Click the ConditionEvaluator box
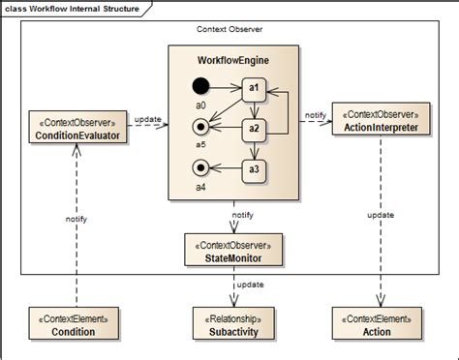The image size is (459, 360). tap(75, 129)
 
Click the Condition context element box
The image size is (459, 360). tap(75, 325)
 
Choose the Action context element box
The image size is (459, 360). tap(378, 325)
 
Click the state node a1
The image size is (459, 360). tap(253, 87)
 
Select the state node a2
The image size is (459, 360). tap(253, 128)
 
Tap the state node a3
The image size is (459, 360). tap(253, 169)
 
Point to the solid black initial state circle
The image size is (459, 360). tap(200, 87)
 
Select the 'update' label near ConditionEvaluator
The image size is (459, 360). tap(148, 120)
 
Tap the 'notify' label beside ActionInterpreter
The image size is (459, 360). tap(315, 115)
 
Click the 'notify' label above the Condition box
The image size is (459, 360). tap(76, 220)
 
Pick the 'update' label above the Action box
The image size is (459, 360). tap(380, 214)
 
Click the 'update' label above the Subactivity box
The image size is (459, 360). tap(251, 285)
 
